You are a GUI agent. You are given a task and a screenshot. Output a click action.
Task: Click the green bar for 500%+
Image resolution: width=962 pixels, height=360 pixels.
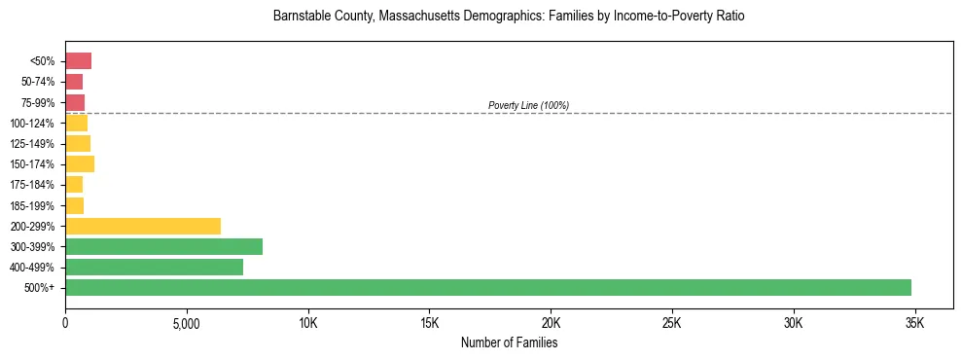(487, 287)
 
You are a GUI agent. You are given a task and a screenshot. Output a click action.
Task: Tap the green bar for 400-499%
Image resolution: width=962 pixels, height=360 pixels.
(154, 267)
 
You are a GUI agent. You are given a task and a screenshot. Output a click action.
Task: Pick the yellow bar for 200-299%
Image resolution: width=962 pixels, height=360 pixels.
(143, 226)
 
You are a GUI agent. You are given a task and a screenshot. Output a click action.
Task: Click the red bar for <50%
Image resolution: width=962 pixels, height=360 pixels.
(78, 61)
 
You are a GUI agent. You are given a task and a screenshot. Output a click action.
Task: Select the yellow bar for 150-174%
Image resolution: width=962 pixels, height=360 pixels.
(80, 163)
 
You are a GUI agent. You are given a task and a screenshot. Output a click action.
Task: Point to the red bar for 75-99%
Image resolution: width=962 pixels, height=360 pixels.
(75, 102)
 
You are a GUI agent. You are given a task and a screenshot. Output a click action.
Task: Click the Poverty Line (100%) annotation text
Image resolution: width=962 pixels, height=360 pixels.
(528, 105)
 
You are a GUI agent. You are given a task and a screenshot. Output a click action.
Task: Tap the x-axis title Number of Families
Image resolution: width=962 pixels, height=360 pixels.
(509, 342)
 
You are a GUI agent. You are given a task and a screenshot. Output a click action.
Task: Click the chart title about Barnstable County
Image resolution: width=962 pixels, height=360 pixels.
(509, 18)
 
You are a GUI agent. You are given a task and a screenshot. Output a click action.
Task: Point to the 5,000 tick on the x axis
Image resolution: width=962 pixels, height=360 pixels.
(187, 323)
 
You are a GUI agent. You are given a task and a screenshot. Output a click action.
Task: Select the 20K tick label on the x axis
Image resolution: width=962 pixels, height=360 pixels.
(551, 323)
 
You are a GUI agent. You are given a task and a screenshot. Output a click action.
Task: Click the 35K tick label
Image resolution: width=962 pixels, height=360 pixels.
(914, 323)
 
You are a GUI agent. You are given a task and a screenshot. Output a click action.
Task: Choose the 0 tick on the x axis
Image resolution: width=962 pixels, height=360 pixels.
(65, 323)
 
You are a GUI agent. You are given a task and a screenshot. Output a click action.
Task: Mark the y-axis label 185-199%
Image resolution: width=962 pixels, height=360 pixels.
(32, 205)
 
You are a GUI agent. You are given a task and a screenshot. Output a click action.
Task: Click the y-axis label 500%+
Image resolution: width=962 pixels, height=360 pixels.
(39, 288)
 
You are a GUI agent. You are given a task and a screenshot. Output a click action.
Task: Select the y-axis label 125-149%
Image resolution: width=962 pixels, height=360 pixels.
(32, 144)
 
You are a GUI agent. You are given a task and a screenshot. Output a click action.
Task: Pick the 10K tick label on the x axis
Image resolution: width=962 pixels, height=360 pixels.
(307, 323)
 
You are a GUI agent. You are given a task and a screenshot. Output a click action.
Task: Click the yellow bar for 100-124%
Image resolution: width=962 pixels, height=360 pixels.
(76, 123)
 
